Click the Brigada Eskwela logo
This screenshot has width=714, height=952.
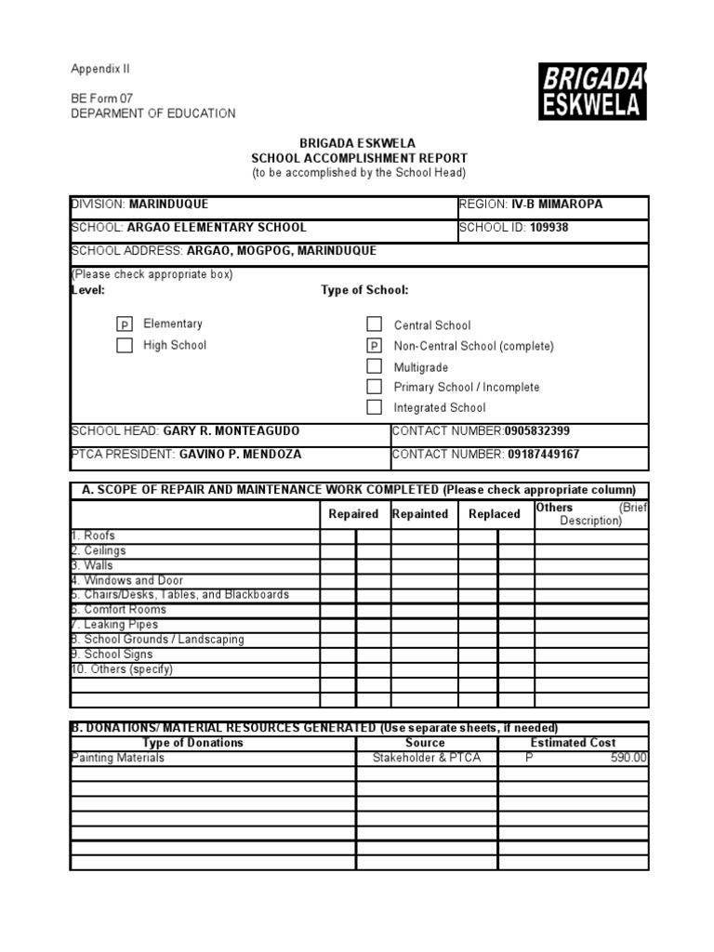tap(592, 91)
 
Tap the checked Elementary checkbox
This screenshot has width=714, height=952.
tap(124, 324)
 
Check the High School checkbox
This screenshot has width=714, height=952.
tap(124, 346)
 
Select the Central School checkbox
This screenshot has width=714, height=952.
tap(374, 324)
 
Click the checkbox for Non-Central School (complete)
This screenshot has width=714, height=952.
tap(374, 346)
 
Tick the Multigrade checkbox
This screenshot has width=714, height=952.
tap(374, 366)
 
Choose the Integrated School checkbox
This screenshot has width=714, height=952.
tap(374, 407)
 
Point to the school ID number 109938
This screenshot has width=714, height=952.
tap(549, 228)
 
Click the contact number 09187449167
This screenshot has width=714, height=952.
tap(544, 455)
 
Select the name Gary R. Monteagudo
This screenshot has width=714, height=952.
tap(231, 431)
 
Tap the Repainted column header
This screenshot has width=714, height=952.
tap(420, 514)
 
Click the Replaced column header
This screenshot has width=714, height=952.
tap(495, 514)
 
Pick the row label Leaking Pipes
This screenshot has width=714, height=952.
tap(121, 625)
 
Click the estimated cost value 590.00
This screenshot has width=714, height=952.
tap(628, 759)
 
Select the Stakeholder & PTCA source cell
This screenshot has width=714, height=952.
tap(427, 759)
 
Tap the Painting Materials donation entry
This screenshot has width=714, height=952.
tap(118, 759)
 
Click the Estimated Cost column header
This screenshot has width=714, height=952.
tap(573, 743)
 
